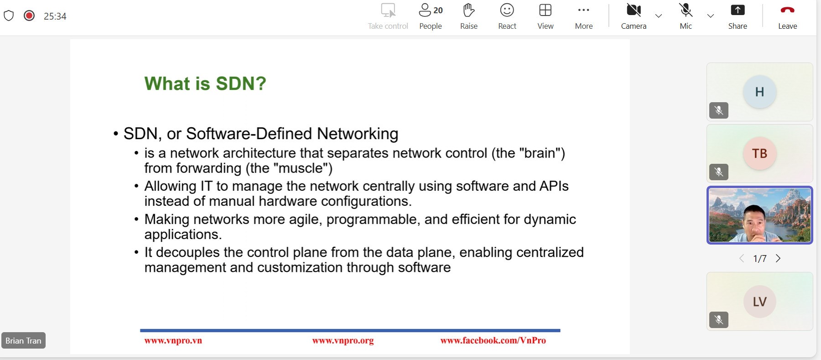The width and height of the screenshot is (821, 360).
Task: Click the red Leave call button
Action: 787,10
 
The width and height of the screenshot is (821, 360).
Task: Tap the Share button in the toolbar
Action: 738,10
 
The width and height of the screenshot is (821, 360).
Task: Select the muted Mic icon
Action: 686,10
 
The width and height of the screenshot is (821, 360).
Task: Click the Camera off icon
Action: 634,10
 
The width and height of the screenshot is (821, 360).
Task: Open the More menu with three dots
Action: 583,10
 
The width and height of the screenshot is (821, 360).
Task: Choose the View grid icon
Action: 545,10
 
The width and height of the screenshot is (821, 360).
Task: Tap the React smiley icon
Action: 507,10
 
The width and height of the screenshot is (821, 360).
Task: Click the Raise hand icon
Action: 468,10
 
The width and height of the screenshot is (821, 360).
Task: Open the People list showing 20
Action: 431,10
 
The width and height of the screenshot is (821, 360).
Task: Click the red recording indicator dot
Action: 29,16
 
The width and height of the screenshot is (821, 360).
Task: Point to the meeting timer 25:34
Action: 55,16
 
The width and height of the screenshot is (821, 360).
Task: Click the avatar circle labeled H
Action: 759,92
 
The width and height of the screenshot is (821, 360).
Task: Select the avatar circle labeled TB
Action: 759,153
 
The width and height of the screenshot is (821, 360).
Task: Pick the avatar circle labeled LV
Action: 759,302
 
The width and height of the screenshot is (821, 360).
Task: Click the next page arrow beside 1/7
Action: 778,258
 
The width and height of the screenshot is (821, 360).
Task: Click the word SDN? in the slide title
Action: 241,83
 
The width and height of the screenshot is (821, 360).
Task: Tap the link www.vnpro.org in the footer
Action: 343,340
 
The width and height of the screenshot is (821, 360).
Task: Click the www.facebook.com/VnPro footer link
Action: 493,340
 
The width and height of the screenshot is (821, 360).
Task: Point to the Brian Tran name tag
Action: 23,340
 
